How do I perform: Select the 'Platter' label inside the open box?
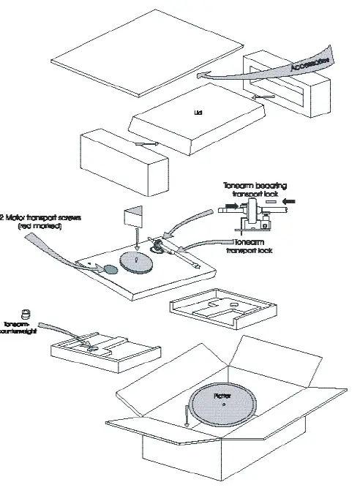222,395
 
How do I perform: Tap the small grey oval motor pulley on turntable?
110,269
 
